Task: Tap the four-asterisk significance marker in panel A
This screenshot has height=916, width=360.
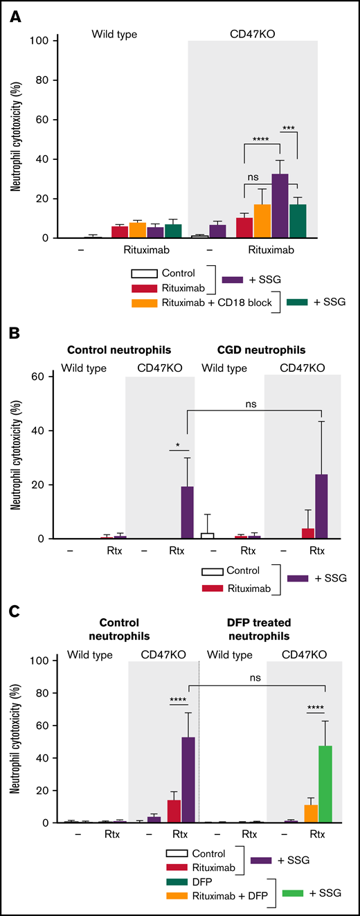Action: coord(261,140)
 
